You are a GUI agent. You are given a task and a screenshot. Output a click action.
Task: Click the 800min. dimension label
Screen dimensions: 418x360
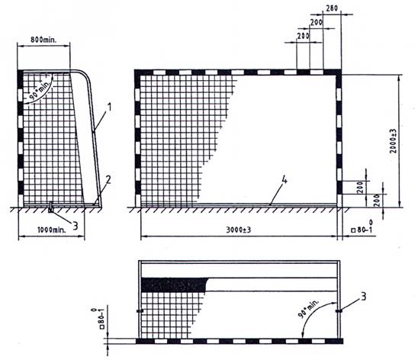pyautogui.click(x=43, y=40)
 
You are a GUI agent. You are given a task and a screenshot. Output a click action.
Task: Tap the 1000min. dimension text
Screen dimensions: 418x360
pyautogui.click(x=51, y=230)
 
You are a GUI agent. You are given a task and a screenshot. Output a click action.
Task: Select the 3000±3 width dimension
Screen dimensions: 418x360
pyautogui.click(x=239, y=230)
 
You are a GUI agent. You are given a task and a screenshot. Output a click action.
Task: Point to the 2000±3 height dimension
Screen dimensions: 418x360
pyautogui.click(x=393, y=140)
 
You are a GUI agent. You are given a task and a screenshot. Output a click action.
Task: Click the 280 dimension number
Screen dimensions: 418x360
pyautogui.click(x=332, y=8)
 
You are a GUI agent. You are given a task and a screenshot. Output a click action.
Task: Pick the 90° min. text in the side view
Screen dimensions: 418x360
pyautogui.click(x=39, y=89)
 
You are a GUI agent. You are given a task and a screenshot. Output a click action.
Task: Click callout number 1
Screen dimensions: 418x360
pyautogui.click(x=109, y=107)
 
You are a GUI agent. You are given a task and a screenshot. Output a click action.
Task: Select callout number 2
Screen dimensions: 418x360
pyautogui.click(x=108, y=180)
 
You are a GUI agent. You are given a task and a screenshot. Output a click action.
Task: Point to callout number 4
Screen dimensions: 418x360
pyautogui.click(x=285, y=180)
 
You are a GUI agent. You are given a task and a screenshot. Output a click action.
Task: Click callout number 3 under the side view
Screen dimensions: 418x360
pyautogui.click(x=76, y=227)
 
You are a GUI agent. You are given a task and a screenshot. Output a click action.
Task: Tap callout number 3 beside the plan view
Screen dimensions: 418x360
pyautogui.click(x=364, y=297)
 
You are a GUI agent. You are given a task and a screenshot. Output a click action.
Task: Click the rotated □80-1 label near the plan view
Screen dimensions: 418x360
pyautogui.click(x=98, y=319)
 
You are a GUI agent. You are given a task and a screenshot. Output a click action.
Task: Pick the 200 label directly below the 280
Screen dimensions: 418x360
pyautogui.click(x=317, y=22)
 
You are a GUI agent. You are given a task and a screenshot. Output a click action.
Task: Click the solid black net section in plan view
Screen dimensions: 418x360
pyautogui.click(x=174, y=284)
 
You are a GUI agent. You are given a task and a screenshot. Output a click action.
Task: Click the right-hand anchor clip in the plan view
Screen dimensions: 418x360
pyautogui.click(x=339, y=311)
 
